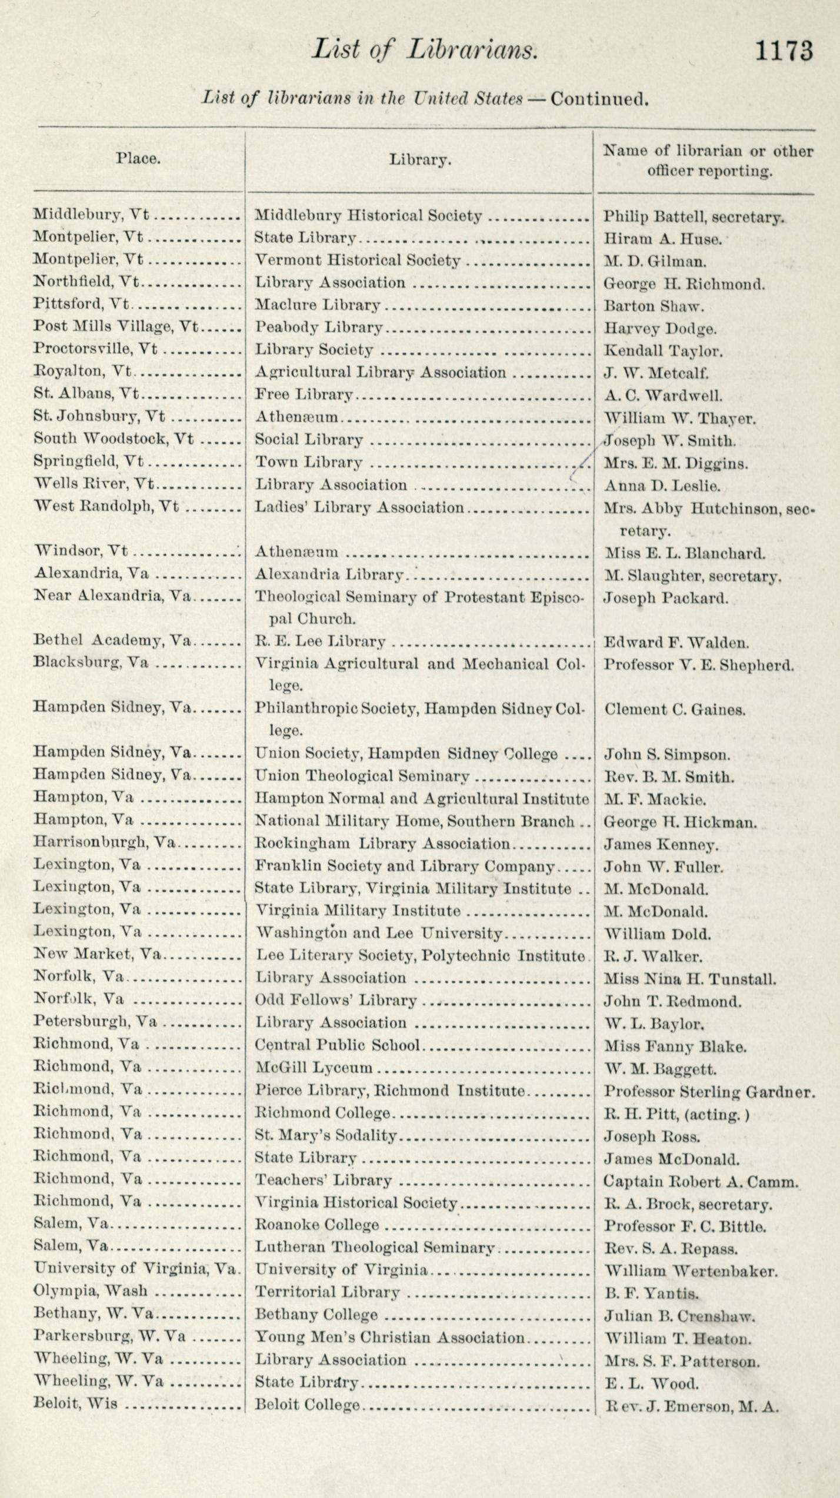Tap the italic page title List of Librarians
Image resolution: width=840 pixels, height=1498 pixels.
coord(424,49)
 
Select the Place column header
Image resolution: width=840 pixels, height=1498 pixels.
coord(138,158)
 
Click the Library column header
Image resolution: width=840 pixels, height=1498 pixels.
coord(419,159)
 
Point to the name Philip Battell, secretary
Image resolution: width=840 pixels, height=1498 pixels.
coord(694,217)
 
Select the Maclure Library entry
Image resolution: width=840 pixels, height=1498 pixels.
coord(317,305)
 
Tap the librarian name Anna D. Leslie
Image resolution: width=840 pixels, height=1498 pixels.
coord(662,486)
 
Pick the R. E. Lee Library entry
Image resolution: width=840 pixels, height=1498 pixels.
coord(320,641)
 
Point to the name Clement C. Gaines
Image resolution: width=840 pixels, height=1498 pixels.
coord(675,710)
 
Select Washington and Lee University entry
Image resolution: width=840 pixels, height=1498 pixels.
coord(378,933)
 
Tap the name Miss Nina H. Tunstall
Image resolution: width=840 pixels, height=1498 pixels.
coord(689,979)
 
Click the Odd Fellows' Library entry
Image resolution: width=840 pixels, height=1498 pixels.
coord(335,1000)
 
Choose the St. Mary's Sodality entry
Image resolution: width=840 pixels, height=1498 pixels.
coord(325,1135)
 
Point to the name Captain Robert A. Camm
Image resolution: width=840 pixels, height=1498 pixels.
coord(701,1181)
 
